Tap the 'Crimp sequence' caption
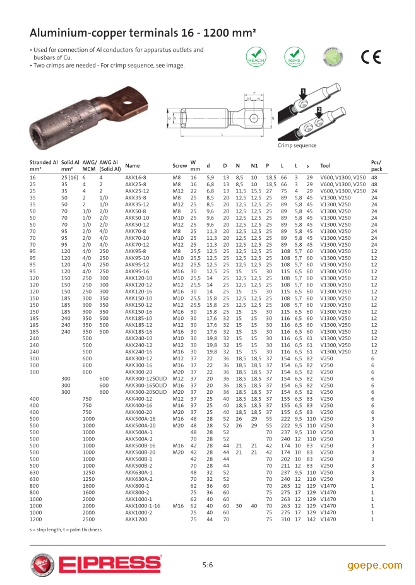tap(297, 146)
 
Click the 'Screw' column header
tap(179, 166)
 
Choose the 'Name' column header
tap(133, 166)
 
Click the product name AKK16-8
tap(135, 178)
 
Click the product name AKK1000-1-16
tap(142, 506)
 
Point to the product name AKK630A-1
tap(138, 473)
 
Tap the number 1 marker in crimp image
tap(303, 92)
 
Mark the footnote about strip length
tap(66, 529)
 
